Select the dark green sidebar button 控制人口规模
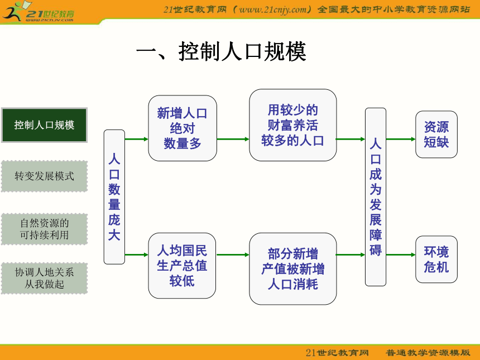pos(45,125)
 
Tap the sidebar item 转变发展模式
pos(45,176)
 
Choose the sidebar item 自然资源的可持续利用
pos(45,229)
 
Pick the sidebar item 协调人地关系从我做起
pos(45,279)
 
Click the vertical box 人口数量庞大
pos(114,197)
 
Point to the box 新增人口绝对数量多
pos(183,128)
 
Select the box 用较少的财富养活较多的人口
pos(293,125)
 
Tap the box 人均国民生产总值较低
pos(182,266)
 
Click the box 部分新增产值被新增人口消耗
pos(293,269)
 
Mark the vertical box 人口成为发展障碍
pos(376,197)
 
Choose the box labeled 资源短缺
pos(436,135)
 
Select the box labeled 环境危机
pos(436,260)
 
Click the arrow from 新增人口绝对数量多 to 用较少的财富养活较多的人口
pos(233,140)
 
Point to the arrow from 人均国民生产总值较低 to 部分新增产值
pos(233,255)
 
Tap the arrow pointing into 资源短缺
pos(401,140)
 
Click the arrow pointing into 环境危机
pos(401,255)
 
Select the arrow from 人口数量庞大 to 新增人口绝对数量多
pos(137,140)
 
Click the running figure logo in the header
pos(15,11)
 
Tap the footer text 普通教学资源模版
pos(428,353)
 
